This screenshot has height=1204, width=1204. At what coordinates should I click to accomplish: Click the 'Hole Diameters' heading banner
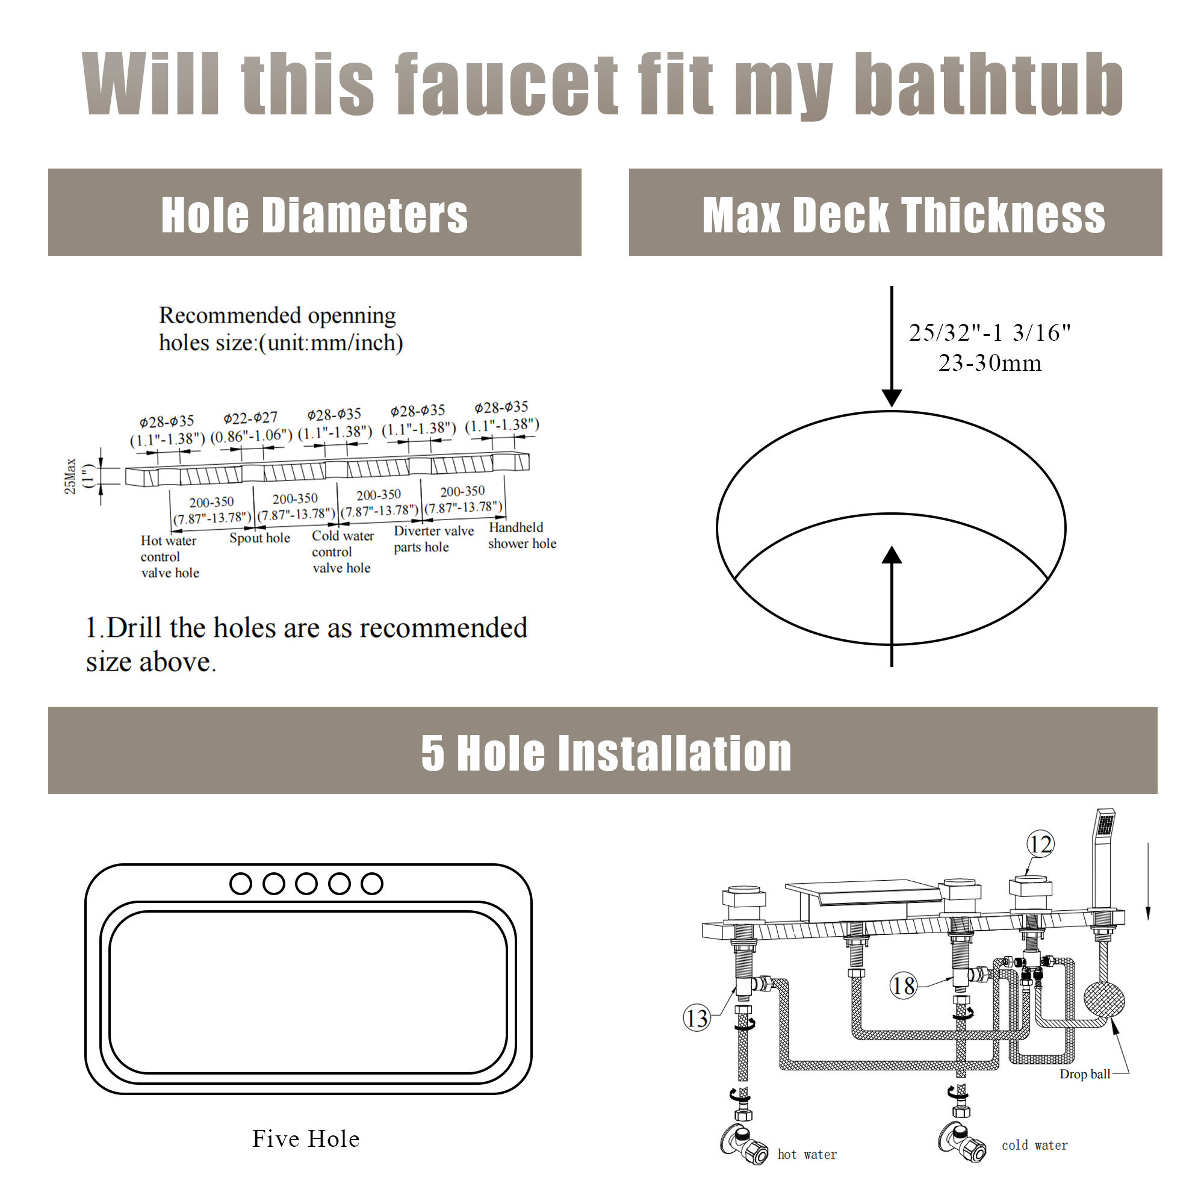(x=314, y=214)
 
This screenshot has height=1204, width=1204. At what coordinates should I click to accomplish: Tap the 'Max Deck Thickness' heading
(x=903, y=215)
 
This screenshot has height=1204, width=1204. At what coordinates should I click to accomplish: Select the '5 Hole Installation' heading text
(x=606, y=753)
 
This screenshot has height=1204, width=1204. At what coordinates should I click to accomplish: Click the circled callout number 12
(x=1040, y=845)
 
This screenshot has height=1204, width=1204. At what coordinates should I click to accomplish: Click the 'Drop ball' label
(x=1084, y=1075)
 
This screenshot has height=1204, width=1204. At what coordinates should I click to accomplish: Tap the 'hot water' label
(x=807, y=1155)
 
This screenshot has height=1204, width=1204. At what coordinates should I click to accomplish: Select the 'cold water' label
(x=1034, y=1146)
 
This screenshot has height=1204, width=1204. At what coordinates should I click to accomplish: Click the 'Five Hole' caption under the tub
(x=306, y=1138)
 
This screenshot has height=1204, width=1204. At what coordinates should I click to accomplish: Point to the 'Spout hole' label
(x=259, y=538)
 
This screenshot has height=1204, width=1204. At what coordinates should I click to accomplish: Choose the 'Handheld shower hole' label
(x=521, y=535)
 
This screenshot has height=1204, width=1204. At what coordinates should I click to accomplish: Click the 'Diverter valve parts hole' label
(x=433, y=539)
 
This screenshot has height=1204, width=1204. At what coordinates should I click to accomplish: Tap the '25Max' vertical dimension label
(x=70, y=476)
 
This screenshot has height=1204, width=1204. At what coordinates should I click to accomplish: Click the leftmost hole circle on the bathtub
(x=241, y=884)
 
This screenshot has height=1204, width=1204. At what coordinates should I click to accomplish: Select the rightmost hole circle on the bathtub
(x=372, y=884)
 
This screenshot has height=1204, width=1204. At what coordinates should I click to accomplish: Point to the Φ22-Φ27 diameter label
(x=250, y=418)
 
